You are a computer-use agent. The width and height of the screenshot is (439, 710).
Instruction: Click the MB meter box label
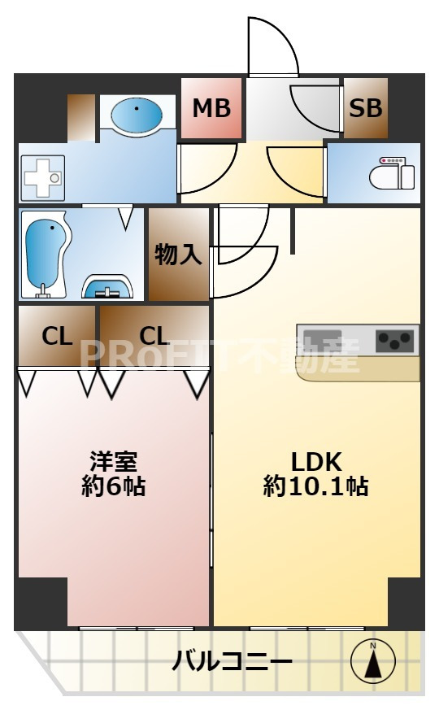(x=211, y=107)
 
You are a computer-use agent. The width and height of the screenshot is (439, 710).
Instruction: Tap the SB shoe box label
(x=365, y=107)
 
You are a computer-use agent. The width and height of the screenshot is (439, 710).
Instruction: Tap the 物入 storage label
(x=178, y=255)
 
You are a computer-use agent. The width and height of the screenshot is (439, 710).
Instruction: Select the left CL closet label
(x=57, y=335)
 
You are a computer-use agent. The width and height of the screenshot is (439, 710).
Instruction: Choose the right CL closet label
(x=154, y=335)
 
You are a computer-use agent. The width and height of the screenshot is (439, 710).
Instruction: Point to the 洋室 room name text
(x=113, y=461)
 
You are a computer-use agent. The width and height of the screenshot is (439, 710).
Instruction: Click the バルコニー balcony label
(x=232, y=661)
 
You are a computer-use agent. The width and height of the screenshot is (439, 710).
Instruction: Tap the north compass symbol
(x=373, y=660)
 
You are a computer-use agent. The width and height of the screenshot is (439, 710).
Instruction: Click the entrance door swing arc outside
(x=272, y=45)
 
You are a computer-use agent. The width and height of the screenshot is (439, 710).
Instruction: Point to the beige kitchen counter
(x=359, y=368)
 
